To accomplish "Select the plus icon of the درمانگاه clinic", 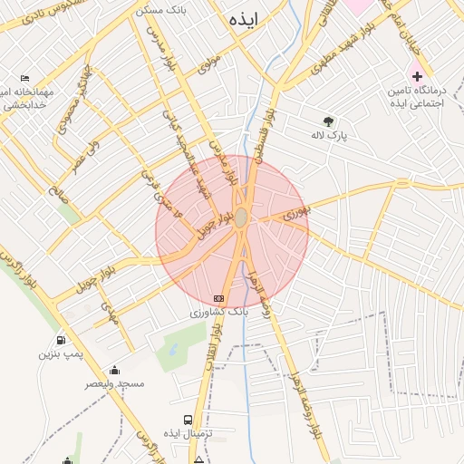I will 417,75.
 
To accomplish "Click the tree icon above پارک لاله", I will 328,121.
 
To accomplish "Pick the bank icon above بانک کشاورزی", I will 217,297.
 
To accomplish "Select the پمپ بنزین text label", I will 60,354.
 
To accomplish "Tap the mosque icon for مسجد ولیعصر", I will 114,370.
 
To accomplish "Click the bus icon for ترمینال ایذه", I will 188,420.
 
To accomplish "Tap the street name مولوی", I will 210,63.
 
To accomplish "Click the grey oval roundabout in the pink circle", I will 241,218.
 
